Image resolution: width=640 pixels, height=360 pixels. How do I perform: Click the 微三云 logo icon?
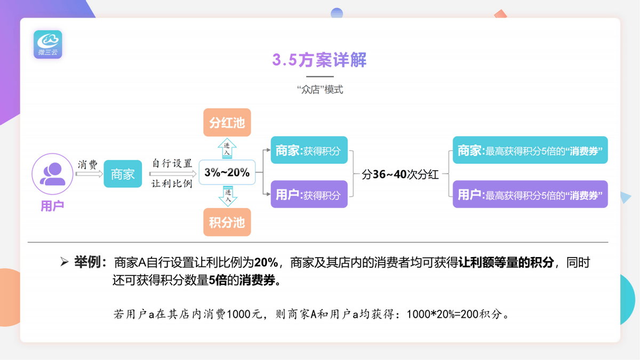48,44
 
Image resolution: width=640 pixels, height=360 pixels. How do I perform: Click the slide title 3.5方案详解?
319,60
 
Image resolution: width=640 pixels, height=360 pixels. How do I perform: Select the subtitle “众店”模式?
319,90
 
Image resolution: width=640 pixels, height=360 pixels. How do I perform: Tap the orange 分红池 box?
227,123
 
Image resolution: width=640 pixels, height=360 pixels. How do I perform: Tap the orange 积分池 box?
227,222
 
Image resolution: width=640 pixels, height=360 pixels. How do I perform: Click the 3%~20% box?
227,172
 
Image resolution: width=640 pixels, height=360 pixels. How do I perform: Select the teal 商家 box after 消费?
123,174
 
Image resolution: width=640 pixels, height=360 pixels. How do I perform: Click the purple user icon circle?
52,174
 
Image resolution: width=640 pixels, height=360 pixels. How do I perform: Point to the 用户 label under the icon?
52,206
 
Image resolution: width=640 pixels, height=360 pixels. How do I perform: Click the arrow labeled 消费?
89,174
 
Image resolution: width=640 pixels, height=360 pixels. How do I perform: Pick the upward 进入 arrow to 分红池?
227,148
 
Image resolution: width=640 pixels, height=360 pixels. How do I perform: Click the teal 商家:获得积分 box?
309,150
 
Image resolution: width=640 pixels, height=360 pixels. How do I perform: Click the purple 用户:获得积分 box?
309,194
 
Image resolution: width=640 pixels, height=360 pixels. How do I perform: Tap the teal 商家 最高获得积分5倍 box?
530,150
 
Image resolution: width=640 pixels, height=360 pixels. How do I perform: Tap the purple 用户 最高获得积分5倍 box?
530,194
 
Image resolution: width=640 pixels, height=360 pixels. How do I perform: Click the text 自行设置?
172,164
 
